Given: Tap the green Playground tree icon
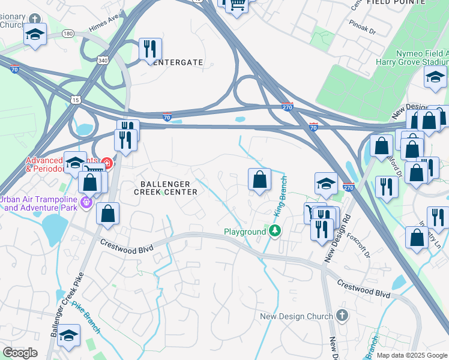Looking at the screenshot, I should [x=275, y=230].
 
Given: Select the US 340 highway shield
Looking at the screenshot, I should [x=103, y=60].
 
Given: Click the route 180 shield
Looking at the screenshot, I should [x=69, y=34].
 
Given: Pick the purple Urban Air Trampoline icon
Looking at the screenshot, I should [x=86, y=203].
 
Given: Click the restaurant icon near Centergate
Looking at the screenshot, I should [x=150, y=50].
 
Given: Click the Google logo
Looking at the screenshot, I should [x=20, y=353].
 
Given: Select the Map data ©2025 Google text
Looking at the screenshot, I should [x=412, y=355].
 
